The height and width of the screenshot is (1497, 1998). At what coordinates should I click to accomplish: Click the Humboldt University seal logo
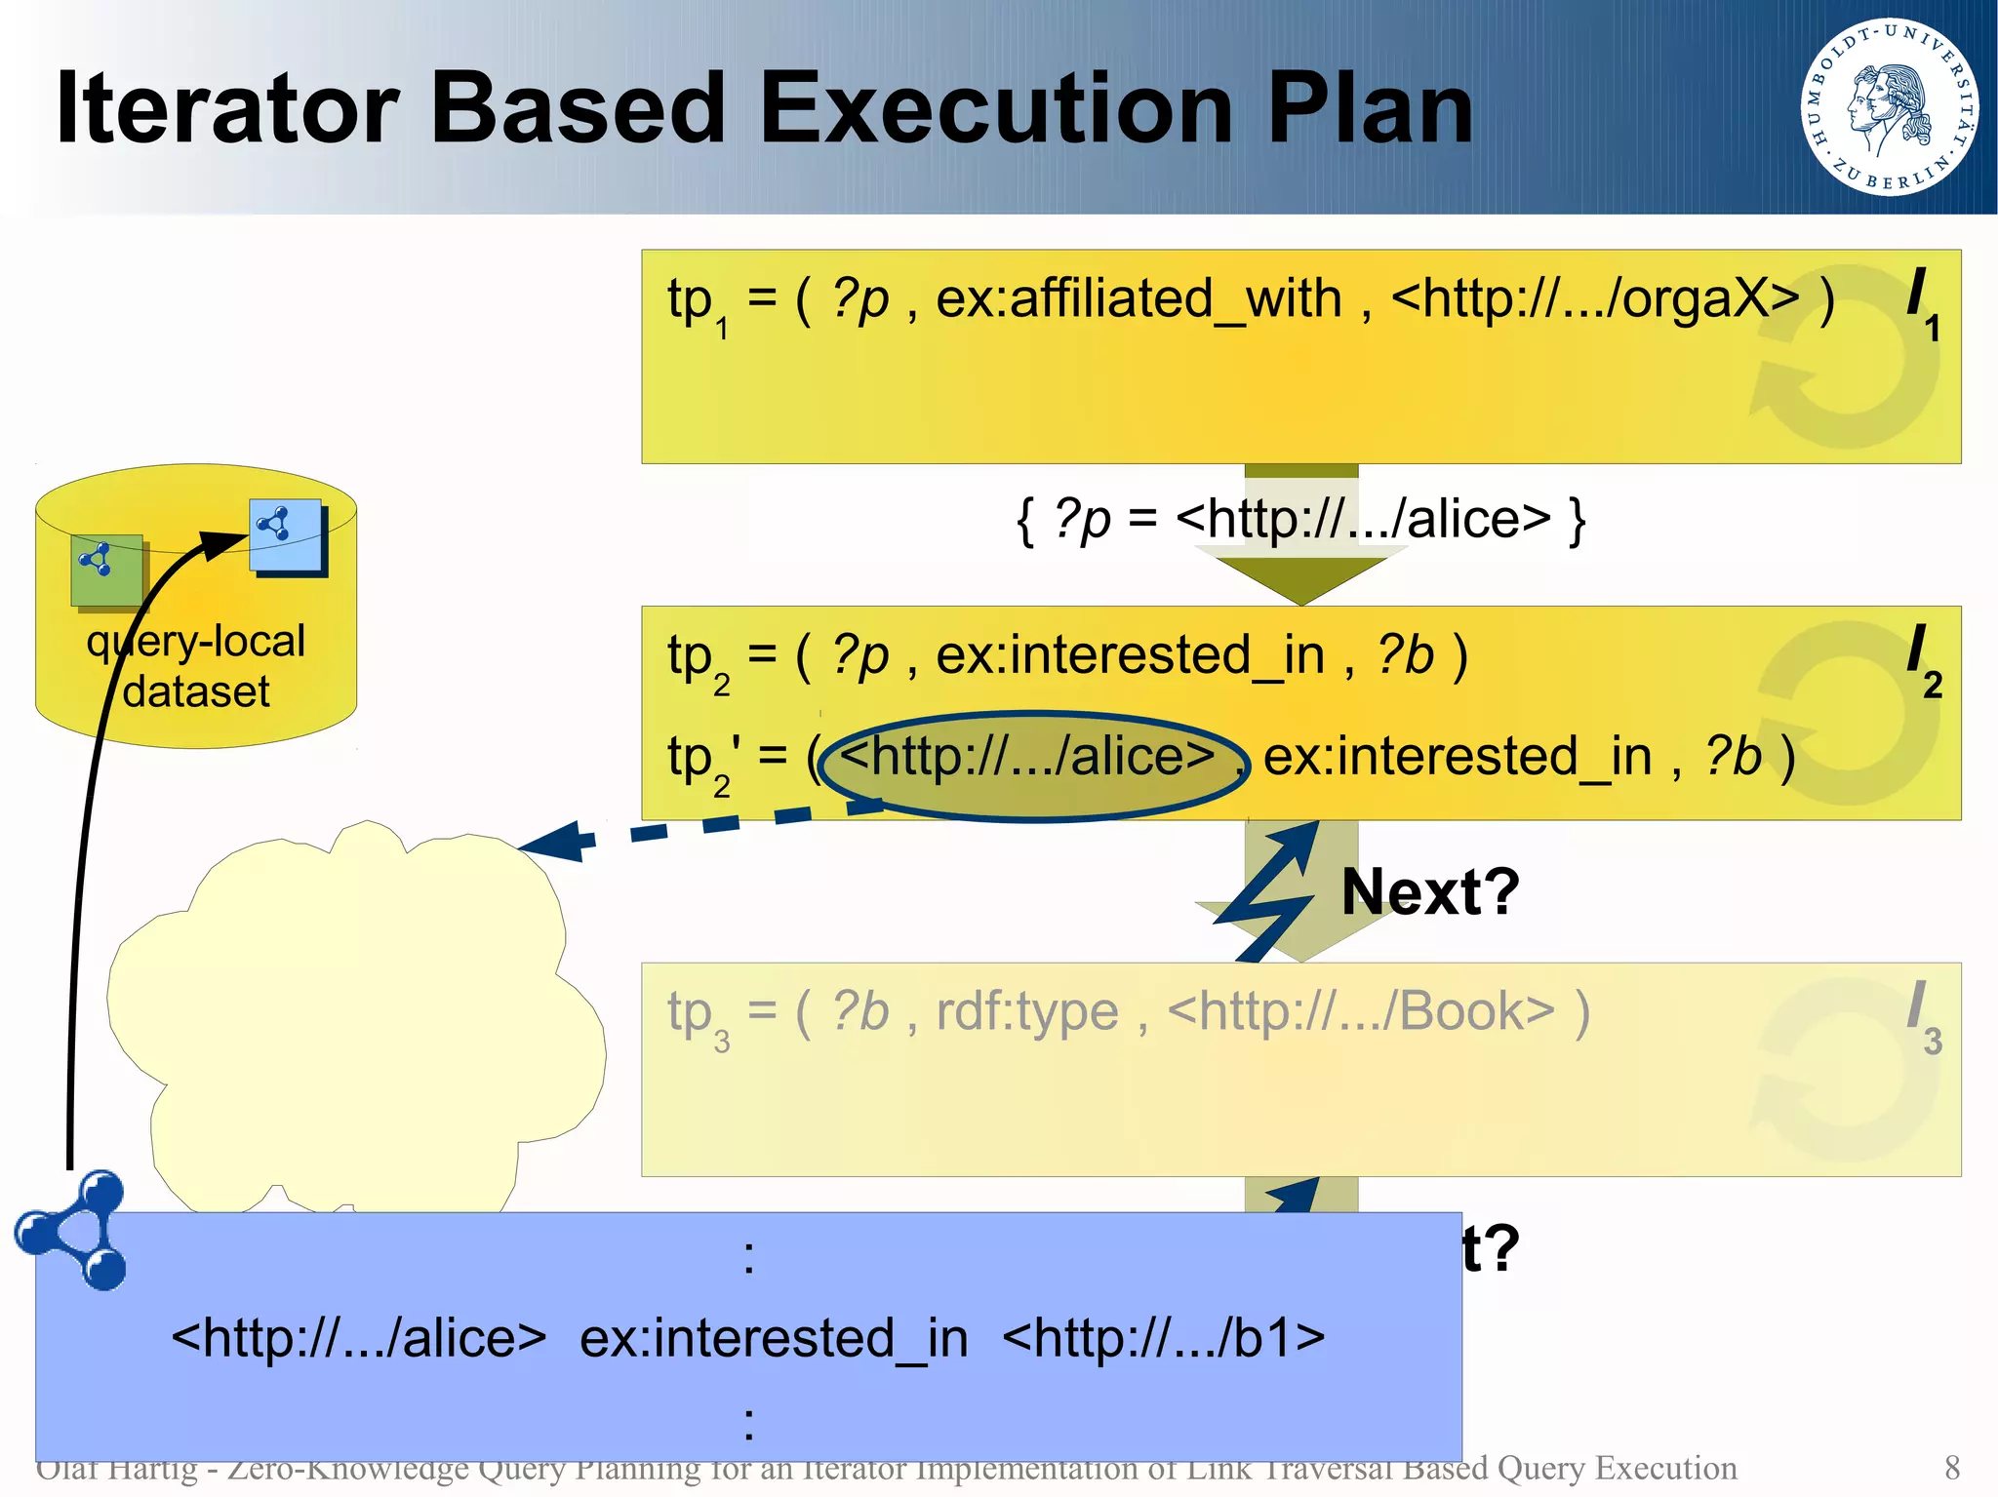click(x=1889, y=106)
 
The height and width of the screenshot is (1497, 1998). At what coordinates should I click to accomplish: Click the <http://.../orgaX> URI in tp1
click(x=1594, y=298)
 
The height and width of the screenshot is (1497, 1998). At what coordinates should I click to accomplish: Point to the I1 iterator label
click(x=1922, y=303)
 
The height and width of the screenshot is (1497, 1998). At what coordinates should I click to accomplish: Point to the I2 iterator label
click(x=1923, y=660)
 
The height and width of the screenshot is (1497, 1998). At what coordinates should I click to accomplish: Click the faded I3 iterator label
click(x=1923, y=1016)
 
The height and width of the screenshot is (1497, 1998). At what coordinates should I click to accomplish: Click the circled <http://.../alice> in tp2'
click(x=1028, y=758)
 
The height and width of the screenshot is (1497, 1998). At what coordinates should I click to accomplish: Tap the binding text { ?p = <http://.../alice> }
click(x=1299, y=519)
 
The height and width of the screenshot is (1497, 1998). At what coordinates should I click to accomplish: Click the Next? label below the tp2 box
click(x=1429, y=891)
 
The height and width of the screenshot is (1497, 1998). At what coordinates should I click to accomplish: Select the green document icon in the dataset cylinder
click(x=107, y=570)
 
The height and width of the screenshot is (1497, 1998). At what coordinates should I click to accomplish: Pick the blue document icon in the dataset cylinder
click(x=286, y=535)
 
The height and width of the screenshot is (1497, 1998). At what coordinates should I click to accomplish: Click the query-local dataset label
click(x=195, y=665)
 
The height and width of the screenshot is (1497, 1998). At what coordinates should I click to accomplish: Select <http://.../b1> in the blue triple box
click(x=1163, y=1338)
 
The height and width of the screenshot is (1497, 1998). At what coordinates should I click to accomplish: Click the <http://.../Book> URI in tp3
click(x=1360, y=1011)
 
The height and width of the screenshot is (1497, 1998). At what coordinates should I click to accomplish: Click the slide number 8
click(x=1951, y=1468)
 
